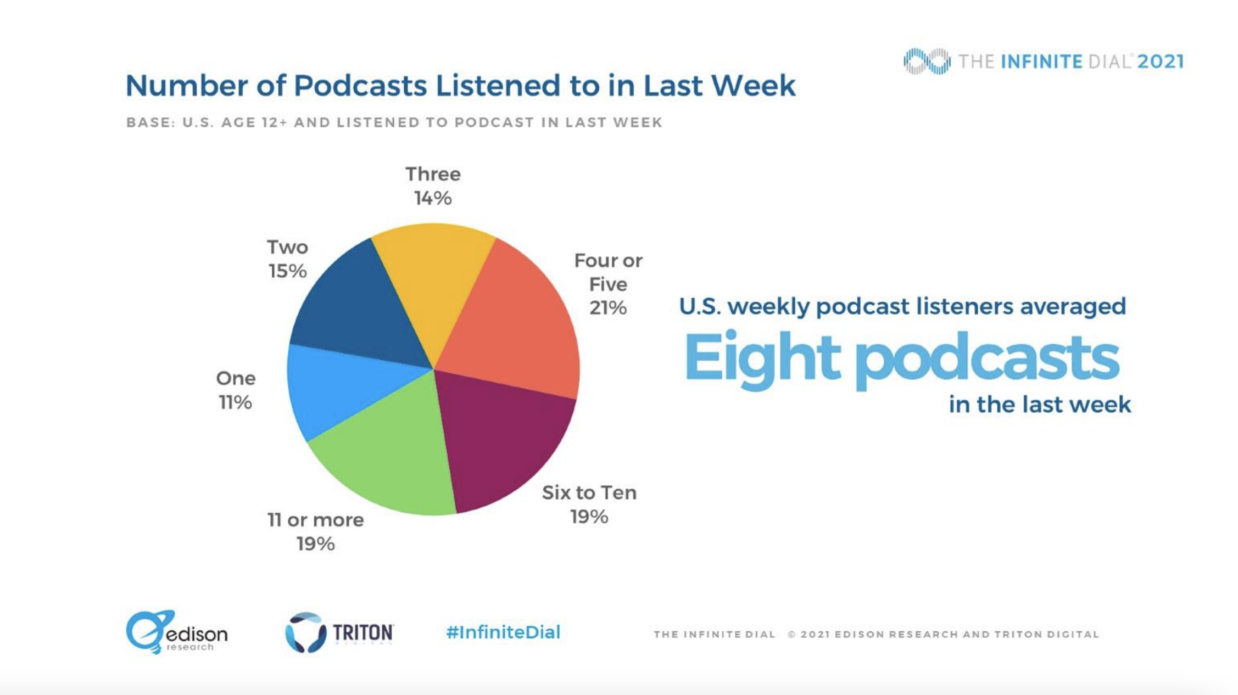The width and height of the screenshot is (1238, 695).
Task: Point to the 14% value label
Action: click(433, 198)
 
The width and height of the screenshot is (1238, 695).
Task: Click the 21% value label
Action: click(608, 308)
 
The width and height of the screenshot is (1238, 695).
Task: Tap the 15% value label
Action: click(287, 271)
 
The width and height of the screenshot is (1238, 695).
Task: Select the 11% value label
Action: click(235, 402)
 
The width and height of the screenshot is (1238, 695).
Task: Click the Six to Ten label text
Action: click(589, 492)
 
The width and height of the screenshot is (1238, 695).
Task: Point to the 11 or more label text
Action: click(315, 519)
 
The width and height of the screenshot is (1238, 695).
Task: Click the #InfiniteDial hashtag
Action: click(503, 632)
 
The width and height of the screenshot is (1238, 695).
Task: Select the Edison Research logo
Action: click(176, 632)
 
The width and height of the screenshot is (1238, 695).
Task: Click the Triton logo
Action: click(339, 632)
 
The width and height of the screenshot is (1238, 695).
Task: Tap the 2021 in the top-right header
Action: click(1161, 61)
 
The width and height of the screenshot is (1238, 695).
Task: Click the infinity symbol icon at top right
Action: click(927, 61)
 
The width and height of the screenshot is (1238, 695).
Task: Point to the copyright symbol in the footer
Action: click(791, 635)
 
